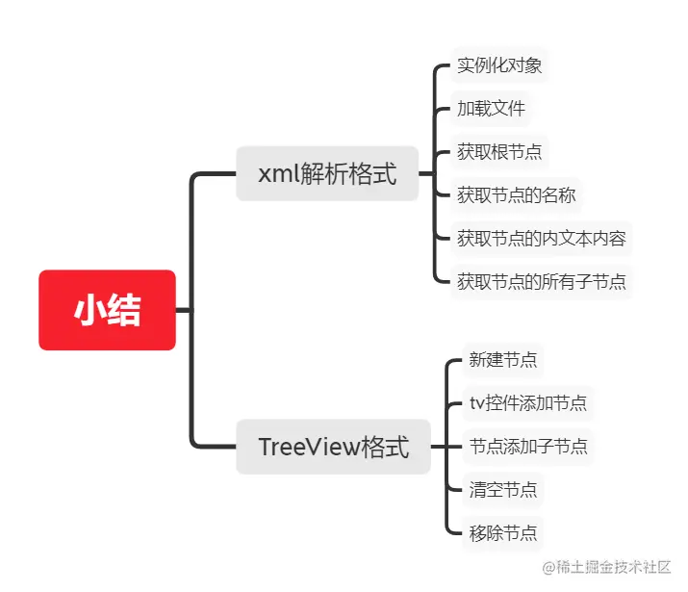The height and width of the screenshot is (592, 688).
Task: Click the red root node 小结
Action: point(107,310)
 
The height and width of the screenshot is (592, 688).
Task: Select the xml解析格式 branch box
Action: point(327,173)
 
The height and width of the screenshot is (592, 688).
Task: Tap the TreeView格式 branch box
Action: point(333,447)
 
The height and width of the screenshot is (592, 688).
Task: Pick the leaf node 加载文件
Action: point(491,108)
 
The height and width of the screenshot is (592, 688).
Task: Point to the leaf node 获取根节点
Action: point(499,151)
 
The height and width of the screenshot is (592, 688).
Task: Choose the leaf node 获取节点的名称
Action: point(516,194)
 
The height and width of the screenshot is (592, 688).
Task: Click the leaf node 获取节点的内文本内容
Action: point(541,238)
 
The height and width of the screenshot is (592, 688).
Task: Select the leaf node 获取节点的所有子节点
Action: point(541,281)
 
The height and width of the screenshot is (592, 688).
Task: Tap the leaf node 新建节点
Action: point(502,360)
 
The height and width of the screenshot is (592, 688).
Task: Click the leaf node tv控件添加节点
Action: point(527,403)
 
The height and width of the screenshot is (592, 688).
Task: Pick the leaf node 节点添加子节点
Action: point(527,447)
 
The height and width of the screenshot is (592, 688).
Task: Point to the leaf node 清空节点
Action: point(502,489)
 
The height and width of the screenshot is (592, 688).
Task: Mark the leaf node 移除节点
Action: point(502,531)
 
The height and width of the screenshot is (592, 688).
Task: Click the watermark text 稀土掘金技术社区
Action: point(615,568)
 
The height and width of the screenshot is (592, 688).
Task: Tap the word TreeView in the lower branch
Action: point(306,447)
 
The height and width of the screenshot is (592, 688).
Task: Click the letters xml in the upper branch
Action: point(277,174)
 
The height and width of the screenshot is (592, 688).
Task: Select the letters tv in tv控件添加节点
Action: point(475,404)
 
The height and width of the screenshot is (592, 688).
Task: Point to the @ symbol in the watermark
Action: point(549,568)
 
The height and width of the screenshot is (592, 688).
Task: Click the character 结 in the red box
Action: point(124,310)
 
